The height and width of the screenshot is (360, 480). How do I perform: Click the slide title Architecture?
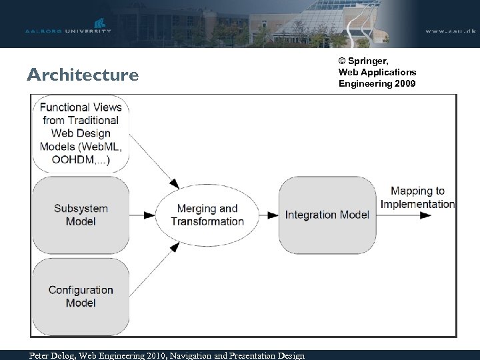coord(83,75)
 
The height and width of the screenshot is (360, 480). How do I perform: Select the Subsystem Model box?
coord(80,215)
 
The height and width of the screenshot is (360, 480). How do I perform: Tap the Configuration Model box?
coord(80,296)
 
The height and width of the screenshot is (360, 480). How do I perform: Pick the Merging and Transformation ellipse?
coord(207,215)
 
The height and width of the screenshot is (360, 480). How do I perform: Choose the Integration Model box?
coord(327,215)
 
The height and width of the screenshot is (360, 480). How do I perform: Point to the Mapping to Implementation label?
coord(418,197)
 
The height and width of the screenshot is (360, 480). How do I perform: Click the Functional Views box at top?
coord(80,133)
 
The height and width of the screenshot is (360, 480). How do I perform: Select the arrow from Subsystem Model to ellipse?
coord(142,215)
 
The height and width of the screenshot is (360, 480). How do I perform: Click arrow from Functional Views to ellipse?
coord(153,161)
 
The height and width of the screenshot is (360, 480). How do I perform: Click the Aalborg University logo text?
coord(67,31)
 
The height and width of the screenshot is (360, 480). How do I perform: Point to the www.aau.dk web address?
coord(449,31)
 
